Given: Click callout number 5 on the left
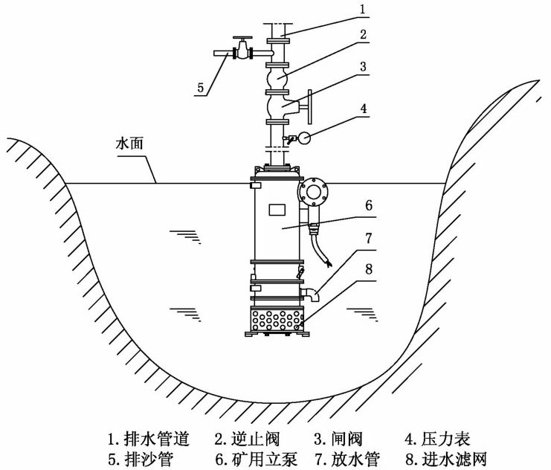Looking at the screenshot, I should pyautogui.click(x=200, y=88).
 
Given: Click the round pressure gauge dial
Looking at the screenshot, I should pyautogui.click(x=304, y=138).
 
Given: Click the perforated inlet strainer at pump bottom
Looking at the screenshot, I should pyautogui.click(x=277, y=321).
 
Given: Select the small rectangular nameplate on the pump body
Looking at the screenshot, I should pyautogui.click(x=277, y=209).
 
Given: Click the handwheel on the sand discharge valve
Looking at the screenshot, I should pyautogui.click(x=242, y=39).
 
